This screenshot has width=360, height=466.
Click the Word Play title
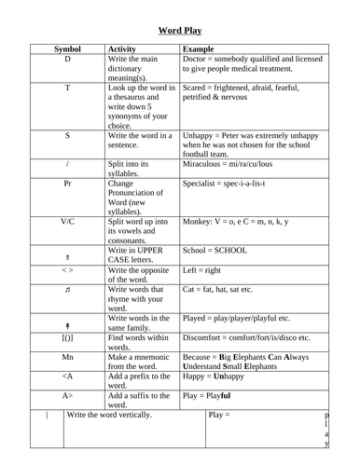[180, 30]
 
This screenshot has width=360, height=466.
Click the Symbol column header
[66, 48]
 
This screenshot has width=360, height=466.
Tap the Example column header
[200, 48]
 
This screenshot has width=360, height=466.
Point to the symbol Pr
[67, 183]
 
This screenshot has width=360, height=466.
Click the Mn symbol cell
[67, 357]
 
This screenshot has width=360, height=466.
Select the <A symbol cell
[67, 377]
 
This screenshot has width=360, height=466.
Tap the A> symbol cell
[67, 396]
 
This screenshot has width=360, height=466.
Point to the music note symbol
[67, 291]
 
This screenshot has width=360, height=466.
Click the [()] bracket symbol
[67, 337]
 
